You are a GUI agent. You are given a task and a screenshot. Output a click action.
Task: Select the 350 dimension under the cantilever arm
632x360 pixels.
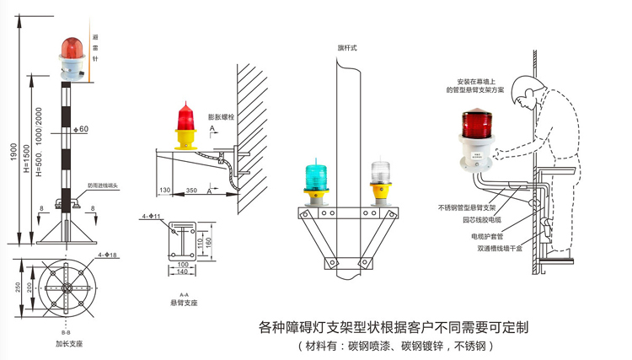pos(192,180)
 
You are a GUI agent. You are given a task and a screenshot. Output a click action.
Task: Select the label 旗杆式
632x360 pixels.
pos(347,48)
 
